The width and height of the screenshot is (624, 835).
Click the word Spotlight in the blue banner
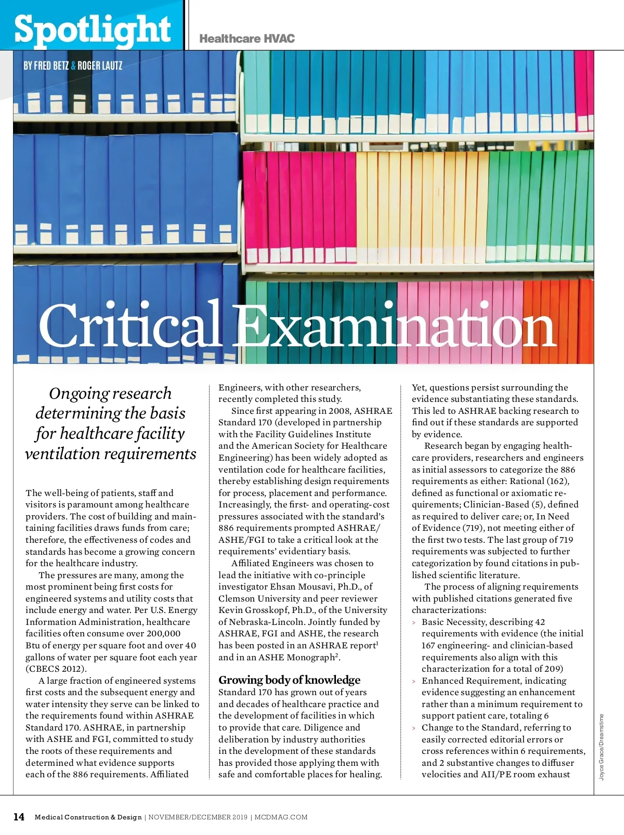point(92,29)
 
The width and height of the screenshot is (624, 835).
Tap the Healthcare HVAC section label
point(247,38)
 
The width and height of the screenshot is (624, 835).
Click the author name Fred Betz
point(51,66)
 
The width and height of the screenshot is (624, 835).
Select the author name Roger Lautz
point(100,66)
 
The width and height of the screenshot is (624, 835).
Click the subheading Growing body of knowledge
point(289,680)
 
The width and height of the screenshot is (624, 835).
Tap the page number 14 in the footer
point(19,817)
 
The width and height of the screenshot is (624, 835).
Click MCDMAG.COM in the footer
point(281,817)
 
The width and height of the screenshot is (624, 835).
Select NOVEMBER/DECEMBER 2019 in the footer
point(198,817)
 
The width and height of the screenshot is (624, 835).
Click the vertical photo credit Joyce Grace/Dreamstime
point(602,747)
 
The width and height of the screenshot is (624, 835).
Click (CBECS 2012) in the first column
point(56,669)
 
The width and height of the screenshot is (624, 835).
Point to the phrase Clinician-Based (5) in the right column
point(506,504)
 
